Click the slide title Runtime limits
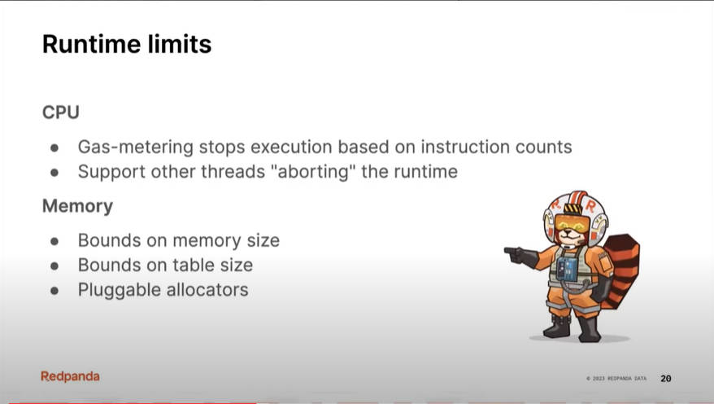[x=127, y=44]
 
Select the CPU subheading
[x=60, y=112]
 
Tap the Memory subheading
[x=77, y=206]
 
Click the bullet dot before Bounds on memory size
[x=54, y=241]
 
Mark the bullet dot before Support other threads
[x=54, y=173]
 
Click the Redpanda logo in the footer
[x=70, y=376]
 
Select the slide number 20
[x=666, y=379]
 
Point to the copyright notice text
[x=616, y=379]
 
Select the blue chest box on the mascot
[x=567, y=269]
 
